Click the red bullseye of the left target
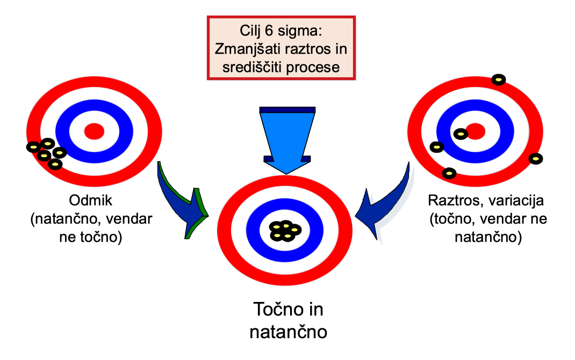[94, 130]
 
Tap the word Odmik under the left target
[90, 201]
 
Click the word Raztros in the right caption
[451, 201]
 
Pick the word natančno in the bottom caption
[288, 331]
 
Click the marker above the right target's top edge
[499, 80]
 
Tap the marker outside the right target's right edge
[536, 159]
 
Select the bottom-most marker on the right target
[449, 173]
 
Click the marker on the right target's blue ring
[461, 133]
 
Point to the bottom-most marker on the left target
[54, 164]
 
